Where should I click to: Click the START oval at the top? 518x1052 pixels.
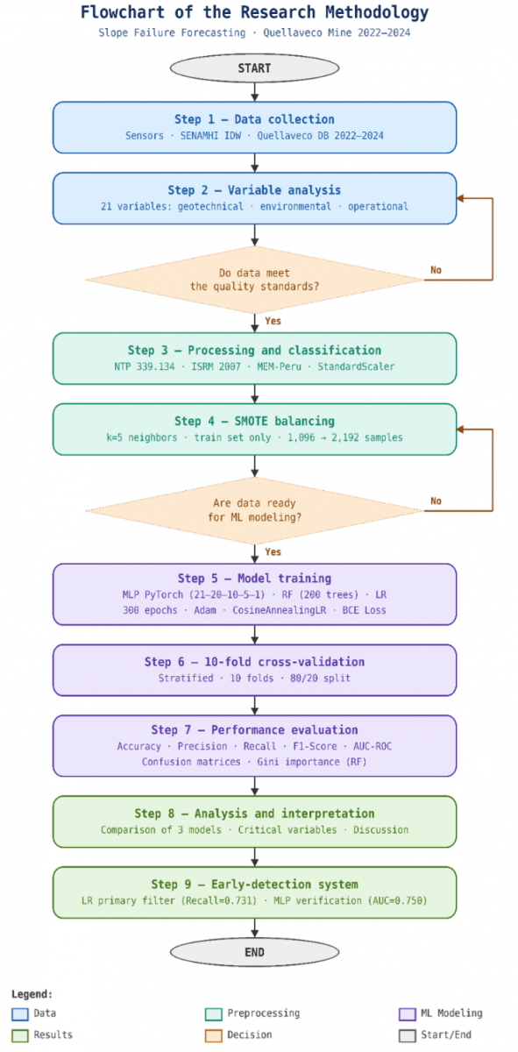254,68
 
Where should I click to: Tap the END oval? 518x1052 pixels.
254,952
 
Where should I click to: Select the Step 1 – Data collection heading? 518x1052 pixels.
254,119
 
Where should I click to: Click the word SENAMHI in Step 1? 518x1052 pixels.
197,136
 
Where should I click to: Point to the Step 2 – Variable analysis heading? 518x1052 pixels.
254,190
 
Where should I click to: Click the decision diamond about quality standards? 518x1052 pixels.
254,280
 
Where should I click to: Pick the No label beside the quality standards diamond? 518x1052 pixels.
436,270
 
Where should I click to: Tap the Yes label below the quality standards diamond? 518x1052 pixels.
273,321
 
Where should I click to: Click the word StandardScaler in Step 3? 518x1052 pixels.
356,366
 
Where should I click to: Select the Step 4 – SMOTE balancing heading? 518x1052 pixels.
254,422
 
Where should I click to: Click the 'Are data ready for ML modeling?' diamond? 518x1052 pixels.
254,510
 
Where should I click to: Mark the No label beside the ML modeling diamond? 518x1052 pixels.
436,501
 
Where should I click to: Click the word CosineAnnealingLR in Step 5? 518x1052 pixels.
280,610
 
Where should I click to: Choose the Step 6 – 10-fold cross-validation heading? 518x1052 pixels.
254,662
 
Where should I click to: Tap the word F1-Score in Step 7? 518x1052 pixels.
316,746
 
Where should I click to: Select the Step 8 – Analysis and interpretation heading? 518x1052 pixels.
254,814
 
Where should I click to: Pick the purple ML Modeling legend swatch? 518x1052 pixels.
408,1014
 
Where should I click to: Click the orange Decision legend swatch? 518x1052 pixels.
214,1035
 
